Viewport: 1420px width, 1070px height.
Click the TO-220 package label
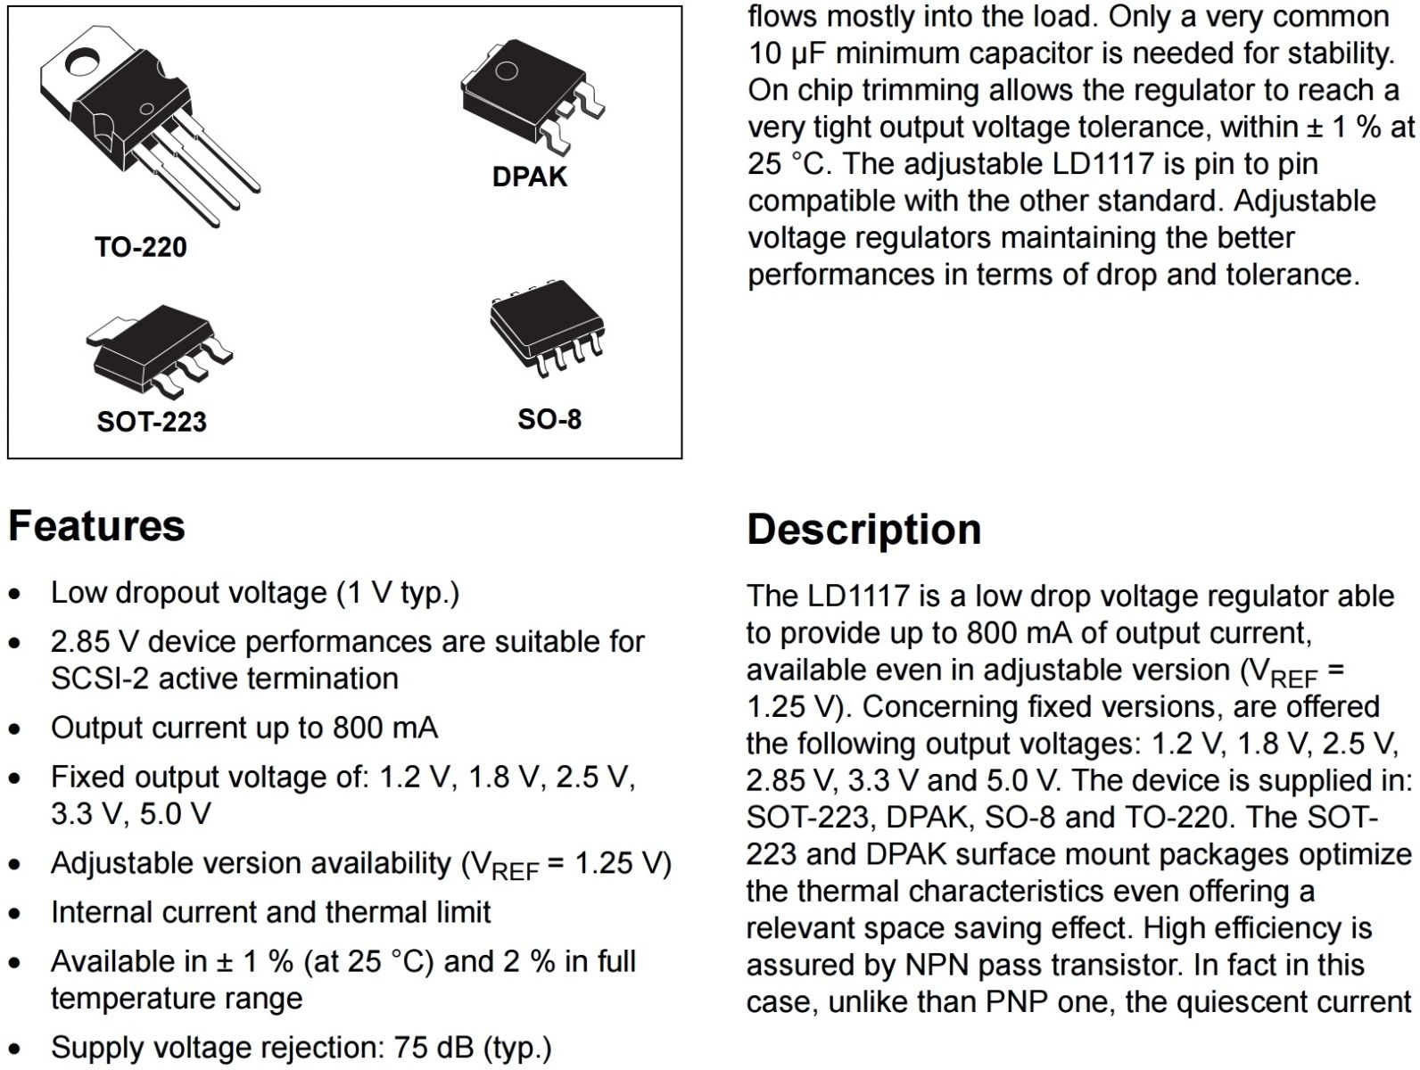[x=141, y=247]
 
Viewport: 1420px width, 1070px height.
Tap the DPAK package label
[x=529, y=177]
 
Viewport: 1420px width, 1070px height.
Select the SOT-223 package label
[x=152, y=421]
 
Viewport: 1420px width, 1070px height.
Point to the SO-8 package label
[x=549, y=419]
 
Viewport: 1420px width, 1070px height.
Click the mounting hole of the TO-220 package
[x=85, y=63]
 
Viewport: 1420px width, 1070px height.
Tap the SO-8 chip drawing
[x=547, y=327]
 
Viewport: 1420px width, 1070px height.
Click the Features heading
[x=96, y=525]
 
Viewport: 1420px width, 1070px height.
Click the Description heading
[x=863, y=529]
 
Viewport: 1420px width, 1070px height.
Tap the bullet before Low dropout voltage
[x=15, y=595]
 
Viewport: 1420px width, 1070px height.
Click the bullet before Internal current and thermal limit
[x=15, y=914]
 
